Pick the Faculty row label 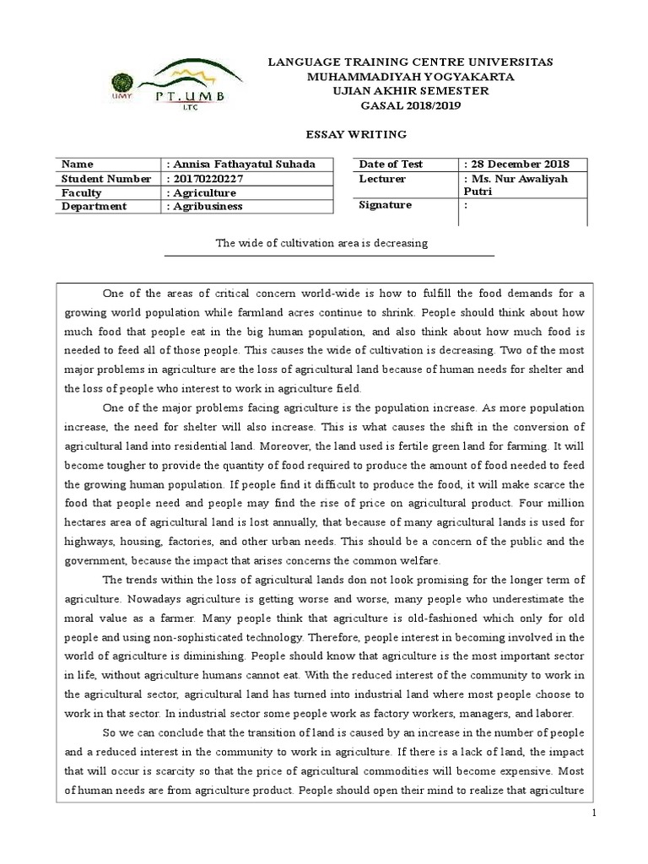point(83,192)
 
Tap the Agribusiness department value point(208,206)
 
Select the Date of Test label point(391,164)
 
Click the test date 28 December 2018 point(517,164)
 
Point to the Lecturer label point(382,178)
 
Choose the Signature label point(386,204)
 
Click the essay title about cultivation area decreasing point(323,243)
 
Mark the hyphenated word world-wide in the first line point(349,294)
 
